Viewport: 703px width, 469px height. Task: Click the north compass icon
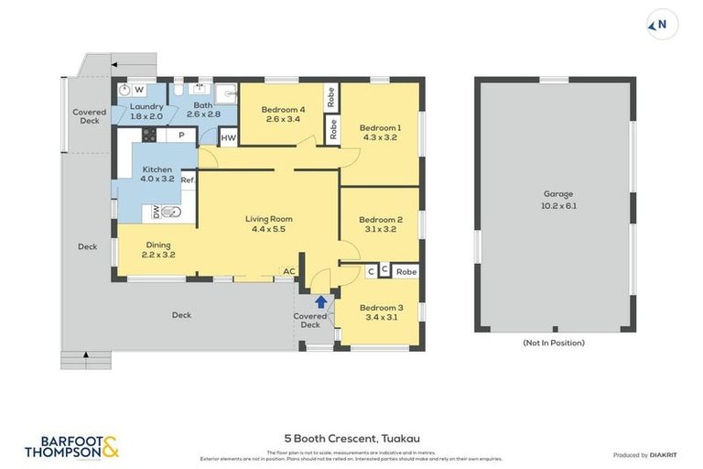(x=663, y=25)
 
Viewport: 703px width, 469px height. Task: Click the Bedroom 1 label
(x=379, y=133)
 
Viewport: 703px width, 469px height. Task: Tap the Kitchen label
(x=157, y=174)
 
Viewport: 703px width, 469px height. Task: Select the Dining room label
(x=158, y=249)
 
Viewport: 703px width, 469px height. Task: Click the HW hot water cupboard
(x=228, y=138)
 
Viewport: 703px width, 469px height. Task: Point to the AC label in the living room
(x=288, y=271)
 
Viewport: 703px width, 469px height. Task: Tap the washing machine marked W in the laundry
(x=138, y=90)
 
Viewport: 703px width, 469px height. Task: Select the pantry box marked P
(x=181, y=136)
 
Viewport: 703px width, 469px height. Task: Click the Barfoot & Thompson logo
(x=71, y=447)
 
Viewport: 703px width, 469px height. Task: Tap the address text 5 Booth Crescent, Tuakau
(x=351, y=439)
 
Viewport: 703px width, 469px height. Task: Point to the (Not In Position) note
(x=554, y=343)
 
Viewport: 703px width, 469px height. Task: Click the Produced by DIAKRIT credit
(x=644, y=454)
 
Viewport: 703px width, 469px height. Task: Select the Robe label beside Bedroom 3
(x=406, y=272)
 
